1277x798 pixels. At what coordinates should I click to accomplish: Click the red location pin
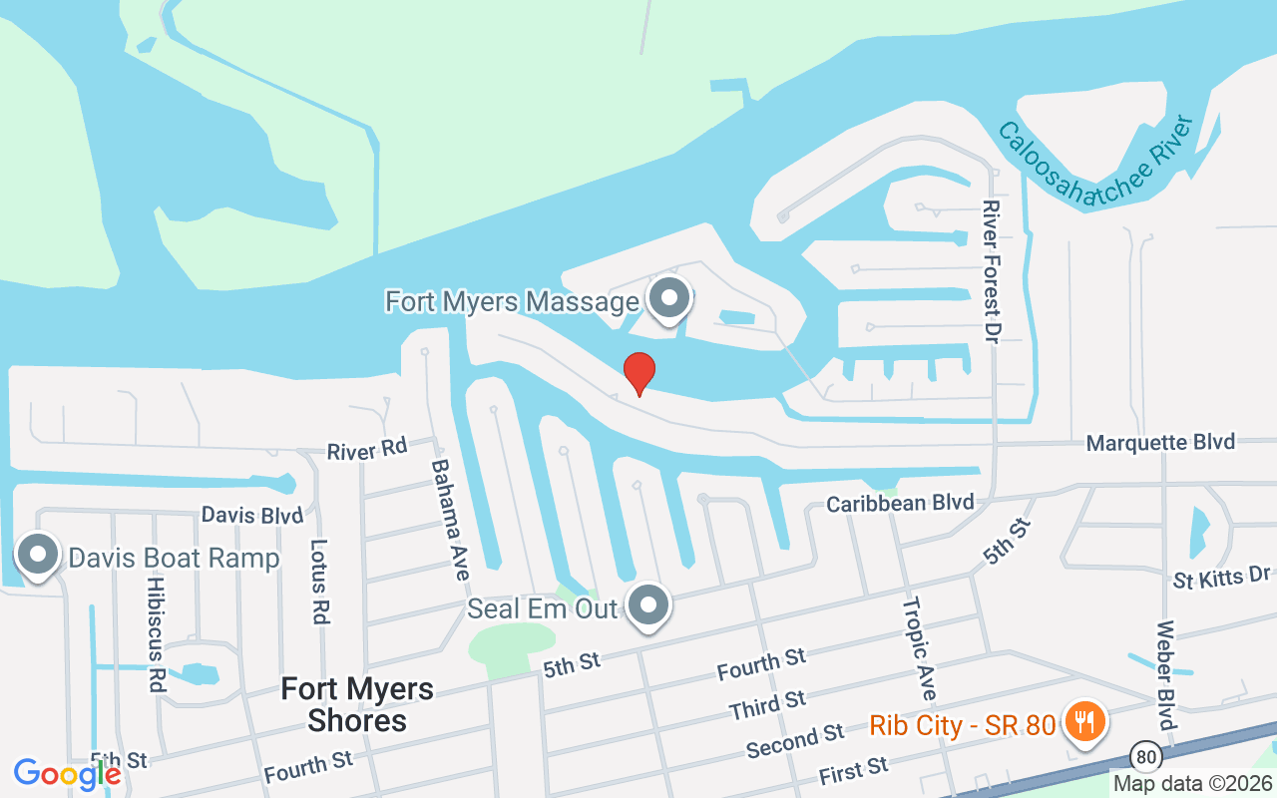[x=638, y=372]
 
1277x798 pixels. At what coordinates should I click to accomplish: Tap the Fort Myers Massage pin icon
[x=669, y=298]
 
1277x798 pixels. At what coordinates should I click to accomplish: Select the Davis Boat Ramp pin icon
[x=39, y=555]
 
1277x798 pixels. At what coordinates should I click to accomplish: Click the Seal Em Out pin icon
[x=649, y=604]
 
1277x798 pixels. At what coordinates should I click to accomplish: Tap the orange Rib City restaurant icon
[x=1080, y=721]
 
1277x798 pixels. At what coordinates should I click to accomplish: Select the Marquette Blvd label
[x=1160, y=442]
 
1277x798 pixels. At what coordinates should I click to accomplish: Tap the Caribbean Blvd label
[x=900, y=504]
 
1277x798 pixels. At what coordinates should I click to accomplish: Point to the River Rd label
[x=367, y=450]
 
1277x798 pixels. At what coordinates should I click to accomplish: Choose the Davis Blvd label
[x=251, y=515]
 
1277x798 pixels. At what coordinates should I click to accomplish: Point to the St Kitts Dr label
[x=1221, y=578]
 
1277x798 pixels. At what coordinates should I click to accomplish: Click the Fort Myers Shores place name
[x=357, y=704]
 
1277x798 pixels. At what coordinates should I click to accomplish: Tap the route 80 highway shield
[x=1147, y=757]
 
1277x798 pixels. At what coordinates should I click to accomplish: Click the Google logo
[x=67, y=774]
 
